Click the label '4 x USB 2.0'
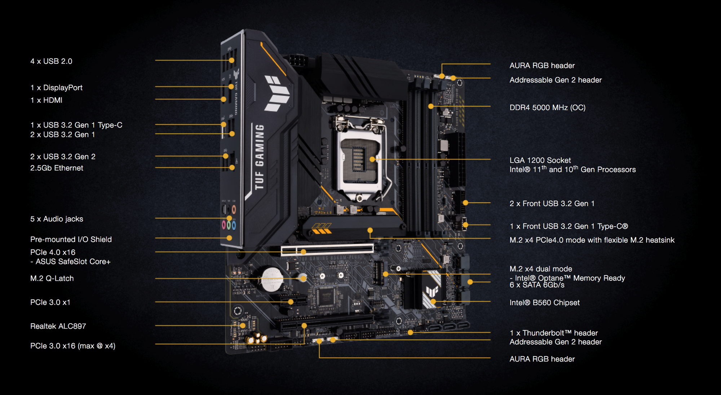[x=51, y=61]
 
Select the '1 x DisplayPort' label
[x=56, y=88]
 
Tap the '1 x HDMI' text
[x=46, y=100]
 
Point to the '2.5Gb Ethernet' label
[x=57, y=168]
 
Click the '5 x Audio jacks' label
[x=57, y=219]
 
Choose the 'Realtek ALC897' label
[x=58, y=326]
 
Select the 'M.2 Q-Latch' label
[x=52, y=278]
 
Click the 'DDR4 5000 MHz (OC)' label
[x=547, y=107]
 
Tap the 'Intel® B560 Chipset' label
[x=544, y=303]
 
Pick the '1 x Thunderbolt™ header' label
[x=553, y=333]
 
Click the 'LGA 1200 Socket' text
[x=540, y=160]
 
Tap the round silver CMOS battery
[x=272, y=279]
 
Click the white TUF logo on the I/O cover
[x=277, y=93]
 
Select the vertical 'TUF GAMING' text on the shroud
[x=259, y=157]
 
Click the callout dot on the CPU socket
[x=372, y=159]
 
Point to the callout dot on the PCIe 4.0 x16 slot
[x=304, y=252]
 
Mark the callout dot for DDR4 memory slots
[x=431, y=106]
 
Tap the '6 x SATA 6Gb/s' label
[x=537, y=285]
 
